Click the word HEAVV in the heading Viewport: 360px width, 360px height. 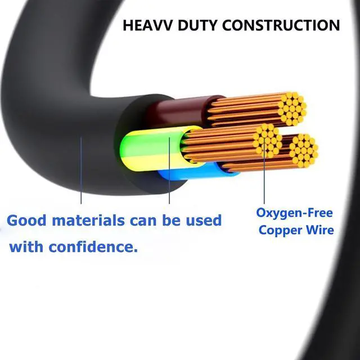point(147,25)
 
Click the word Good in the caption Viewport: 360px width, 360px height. point(26,220)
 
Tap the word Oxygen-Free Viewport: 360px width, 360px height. point(295,213)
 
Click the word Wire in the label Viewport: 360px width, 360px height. point(321,230)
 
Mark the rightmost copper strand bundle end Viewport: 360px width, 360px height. point(303,150)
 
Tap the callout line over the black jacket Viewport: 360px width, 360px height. point(82,169)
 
